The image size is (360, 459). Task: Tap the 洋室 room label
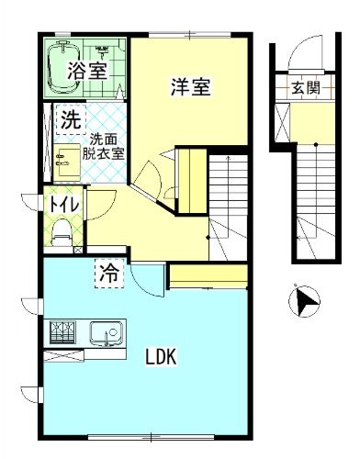click(x=191, y=88)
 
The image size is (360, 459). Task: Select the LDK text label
click(x=160, y=356)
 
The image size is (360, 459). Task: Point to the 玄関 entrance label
click(x=305, y=88)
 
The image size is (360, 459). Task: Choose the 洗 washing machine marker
click(x=70, y=119)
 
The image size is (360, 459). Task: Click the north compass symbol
click(x=304, y=301)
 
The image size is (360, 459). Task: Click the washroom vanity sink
click(x=64, y=160)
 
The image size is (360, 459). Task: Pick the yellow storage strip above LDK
click(x=209, y=274)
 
